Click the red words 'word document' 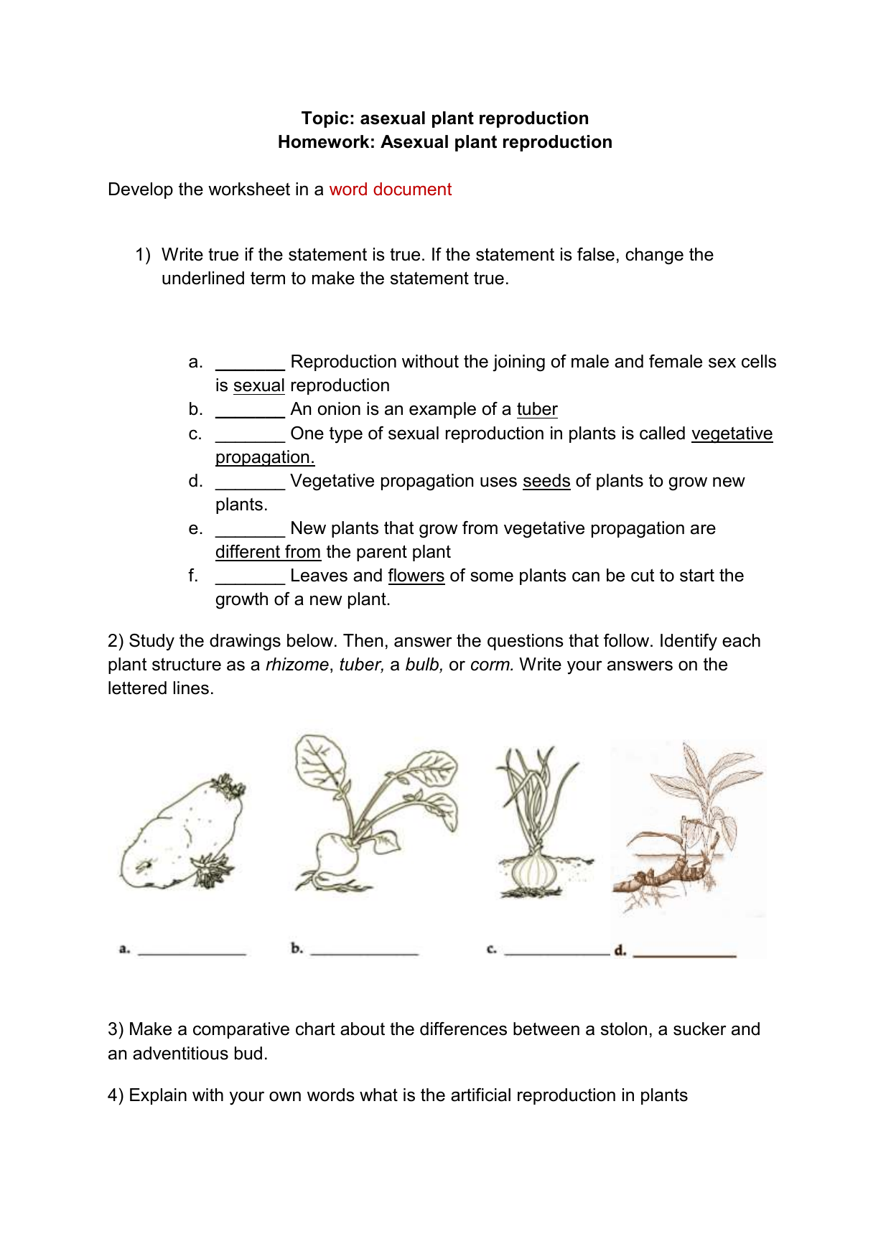pyautogui.click(x=390, y=189)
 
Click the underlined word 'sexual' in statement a pyautogui.click(x=258, y=385)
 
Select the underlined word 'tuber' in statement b pyautogui.click(x=536, y=409)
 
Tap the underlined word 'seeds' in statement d pyautogui.click(x=546, y=481)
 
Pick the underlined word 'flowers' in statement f pyautogui.click(x=416, y=576)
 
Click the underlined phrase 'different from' pyautogui.click(x=268, y=552)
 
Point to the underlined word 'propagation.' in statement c pyautogui.click(x=265, y=457)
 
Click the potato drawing pyautogui.click(x=179, y=836)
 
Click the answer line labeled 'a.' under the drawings pyautogui.click(x=192, y=950)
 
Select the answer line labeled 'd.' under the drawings pyautogui.click(x=684, y=953)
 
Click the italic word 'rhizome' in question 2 pyautogui.click(x=297, y=665)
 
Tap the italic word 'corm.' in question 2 pyautogui.click(x=492, y=665)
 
